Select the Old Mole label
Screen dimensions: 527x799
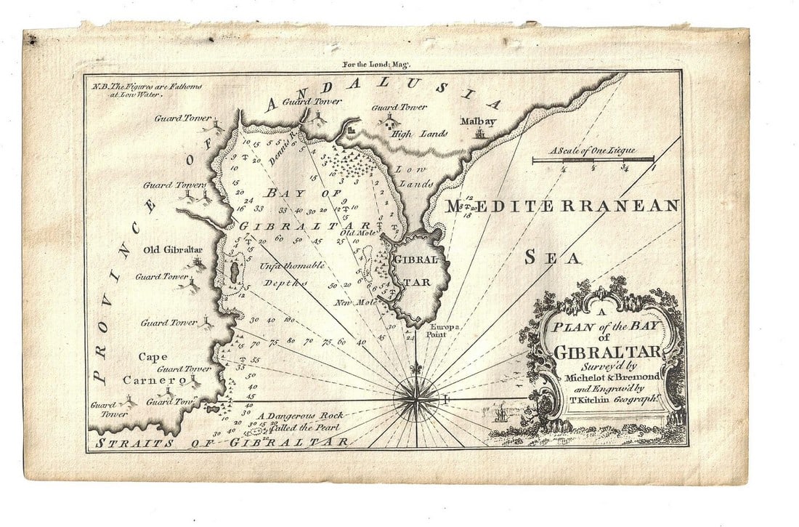click(x=355, y=233)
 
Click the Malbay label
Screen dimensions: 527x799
click(x=478, y=121)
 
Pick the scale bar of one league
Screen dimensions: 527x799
click(x=593, y=158)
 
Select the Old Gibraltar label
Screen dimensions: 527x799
click(x=173, y=250)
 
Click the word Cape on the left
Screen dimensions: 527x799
click(x=153, y=356)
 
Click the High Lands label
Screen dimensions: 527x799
click(x=412, y=134)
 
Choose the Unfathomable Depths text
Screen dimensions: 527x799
click(x=291, y=274)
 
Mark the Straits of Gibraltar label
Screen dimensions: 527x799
click(x=218, y=442)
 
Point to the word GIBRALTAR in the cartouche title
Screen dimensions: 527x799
click(x=607, y=353)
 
